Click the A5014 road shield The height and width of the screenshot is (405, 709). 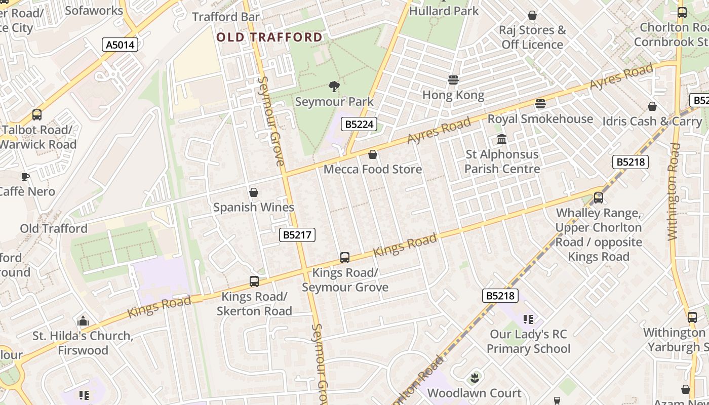click(x=120, y=45)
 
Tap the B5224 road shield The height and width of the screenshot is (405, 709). click(x=359, y=124)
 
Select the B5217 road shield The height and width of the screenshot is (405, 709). click(x=297, y=235)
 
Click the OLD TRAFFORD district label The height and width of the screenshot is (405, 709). click(x=269, y=37)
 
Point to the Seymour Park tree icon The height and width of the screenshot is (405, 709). click(x=334, y=87)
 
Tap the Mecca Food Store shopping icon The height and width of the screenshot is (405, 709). click(x=373, y=154)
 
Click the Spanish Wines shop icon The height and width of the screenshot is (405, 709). click(x=254, y=192)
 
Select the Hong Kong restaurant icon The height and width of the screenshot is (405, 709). click(x=453, y=80)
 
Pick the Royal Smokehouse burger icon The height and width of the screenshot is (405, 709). click(x=540, y=104)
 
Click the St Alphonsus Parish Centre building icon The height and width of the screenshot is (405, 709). click(x=502, y=139)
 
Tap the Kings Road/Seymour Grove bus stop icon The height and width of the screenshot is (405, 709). click(x=345, y=258)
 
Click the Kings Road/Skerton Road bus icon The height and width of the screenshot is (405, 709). click(x=254, y=281)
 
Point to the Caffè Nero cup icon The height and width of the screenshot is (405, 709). click(x=25, y=177)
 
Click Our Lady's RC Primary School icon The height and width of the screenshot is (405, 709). click(x=528, y=319)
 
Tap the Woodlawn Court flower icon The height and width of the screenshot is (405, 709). click(x=475, y=378)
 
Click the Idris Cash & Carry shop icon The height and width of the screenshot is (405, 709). click(x=652, y=106)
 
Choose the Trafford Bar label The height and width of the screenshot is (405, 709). click(x=226, y=17)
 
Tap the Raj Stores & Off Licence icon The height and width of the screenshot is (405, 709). click(x=532, y=15)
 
